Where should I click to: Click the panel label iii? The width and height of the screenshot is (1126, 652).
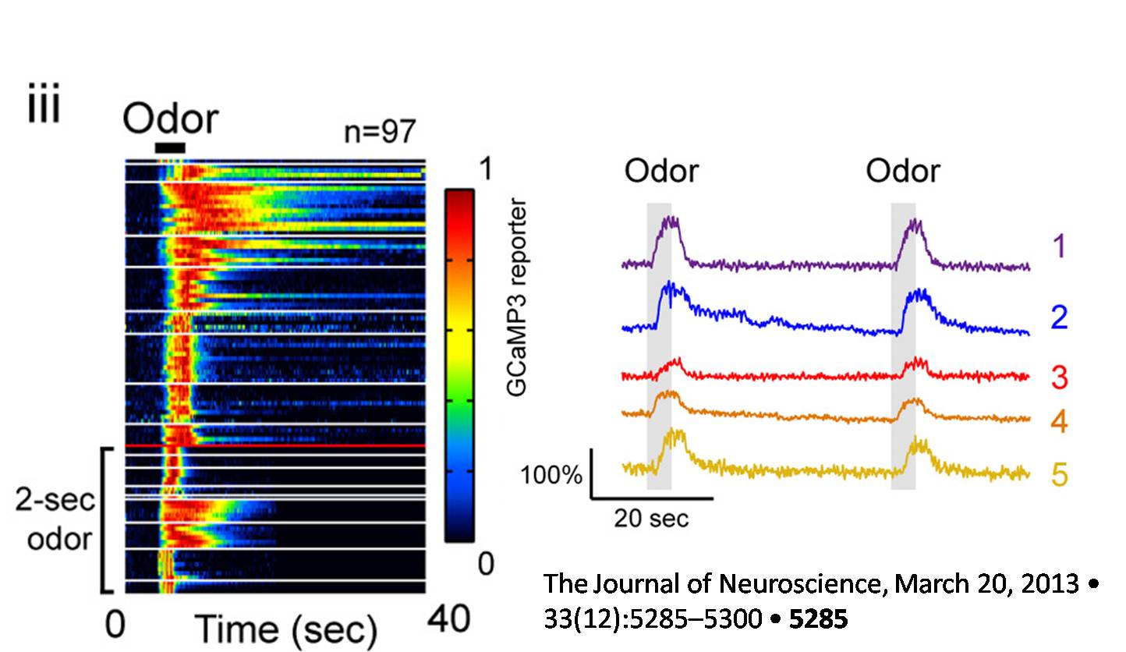44,109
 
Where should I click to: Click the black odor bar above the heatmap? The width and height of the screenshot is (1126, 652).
170,147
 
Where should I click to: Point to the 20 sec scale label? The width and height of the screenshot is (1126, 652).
651,518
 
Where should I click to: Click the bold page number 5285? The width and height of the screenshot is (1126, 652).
818,620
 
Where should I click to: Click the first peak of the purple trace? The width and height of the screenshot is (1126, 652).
669,221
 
